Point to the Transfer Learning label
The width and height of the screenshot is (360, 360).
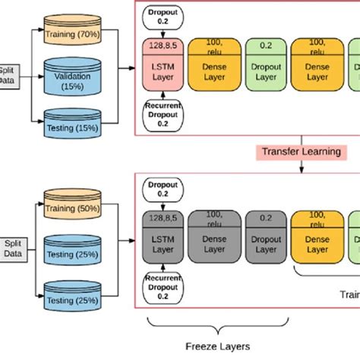[301, 152]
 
